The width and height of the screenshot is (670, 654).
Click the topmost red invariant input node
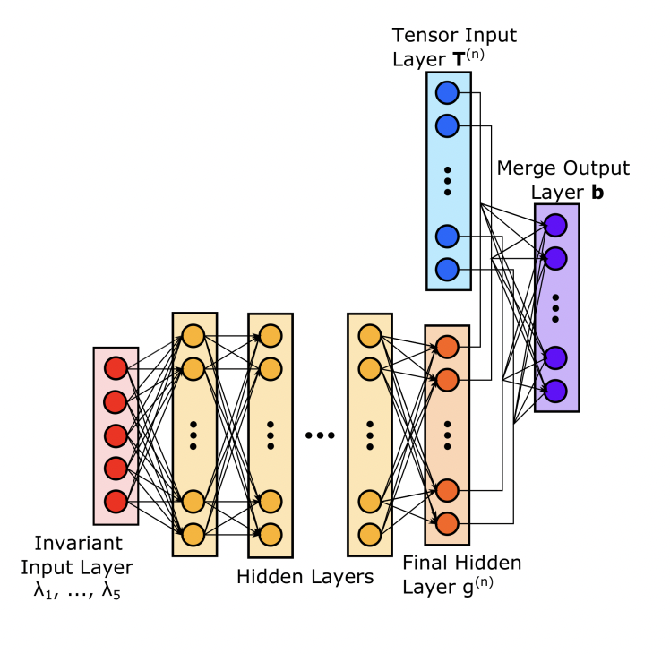(116, 368)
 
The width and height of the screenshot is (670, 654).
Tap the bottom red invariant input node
(116, 501)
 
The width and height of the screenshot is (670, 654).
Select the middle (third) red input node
(116, 435)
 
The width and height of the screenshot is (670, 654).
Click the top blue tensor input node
(447, 92)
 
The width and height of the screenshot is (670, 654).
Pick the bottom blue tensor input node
(447, 269)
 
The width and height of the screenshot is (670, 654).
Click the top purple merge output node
(556, 225)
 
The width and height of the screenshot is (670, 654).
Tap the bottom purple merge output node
(556, 391)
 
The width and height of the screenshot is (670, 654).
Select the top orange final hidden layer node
(447, 347)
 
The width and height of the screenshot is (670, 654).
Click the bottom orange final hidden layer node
(447, 523)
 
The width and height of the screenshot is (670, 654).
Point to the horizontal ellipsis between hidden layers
(319, 435)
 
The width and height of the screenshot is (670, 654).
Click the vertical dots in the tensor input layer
(447, 180)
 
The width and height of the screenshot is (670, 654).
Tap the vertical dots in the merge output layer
(556, 307)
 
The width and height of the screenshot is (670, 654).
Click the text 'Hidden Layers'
(305, 577)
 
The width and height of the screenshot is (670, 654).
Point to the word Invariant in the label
(78, 544)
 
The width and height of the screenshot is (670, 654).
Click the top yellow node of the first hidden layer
(193, 336)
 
